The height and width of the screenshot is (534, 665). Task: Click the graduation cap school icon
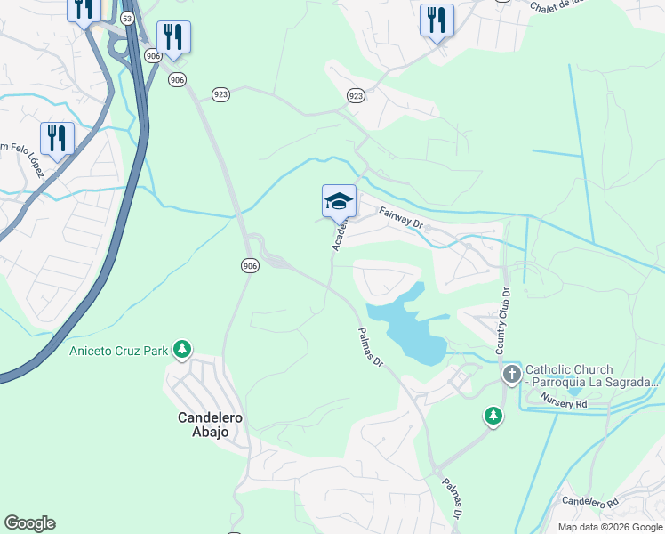pyautogui.click(x=339, y=201)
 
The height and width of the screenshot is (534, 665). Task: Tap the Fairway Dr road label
pyautogui.click(x=401, y=217)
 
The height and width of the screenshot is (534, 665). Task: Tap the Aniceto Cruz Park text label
pyautogui.click(x=119, y=351)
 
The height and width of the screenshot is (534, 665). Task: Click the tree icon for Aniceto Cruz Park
pyautogui.click(x=182, y=349)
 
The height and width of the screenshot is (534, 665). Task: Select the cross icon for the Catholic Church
pyautogui.click(x=511, y=375)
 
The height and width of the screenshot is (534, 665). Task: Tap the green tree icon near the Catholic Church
pyautogui.click(x=493, y=416)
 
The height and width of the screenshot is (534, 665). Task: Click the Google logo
pyautogui.click(x=29, y=523)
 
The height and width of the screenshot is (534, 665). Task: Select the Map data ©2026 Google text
pyautogui.click(x=608, y=527)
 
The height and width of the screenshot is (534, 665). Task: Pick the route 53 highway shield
pyautogui.click(x=128, y=18)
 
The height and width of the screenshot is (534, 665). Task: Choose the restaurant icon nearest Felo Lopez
pyautogui.click(x=57, y=138)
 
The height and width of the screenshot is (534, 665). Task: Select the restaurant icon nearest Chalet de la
pyautogui.click(x=436, y=20)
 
